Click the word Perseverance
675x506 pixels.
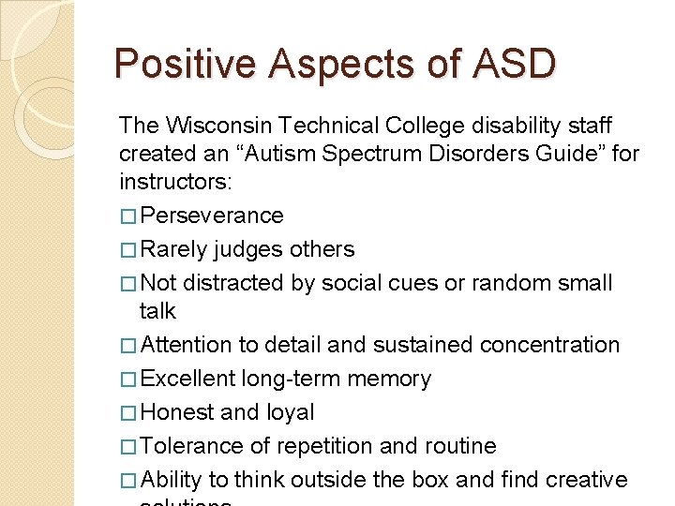pos(211,216)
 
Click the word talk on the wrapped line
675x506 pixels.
pos(157,310)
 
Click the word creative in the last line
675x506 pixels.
pos(584,480)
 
